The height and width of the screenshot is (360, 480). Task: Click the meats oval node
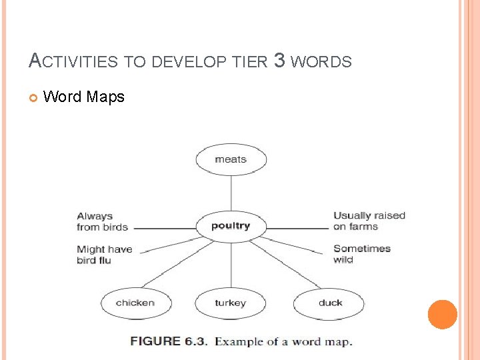231,159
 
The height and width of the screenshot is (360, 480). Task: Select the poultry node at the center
231,225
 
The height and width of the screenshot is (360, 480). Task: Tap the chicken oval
135,303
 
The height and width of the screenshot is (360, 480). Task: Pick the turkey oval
230,303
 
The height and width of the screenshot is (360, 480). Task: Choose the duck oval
329,303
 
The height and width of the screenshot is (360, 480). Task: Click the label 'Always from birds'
102,221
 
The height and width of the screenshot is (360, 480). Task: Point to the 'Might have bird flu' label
104,255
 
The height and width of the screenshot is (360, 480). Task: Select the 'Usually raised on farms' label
369,221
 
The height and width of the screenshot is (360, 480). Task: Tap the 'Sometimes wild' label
361,254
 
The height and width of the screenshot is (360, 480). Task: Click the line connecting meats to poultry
231,193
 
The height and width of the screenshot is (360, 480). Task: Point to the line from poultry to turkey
231,263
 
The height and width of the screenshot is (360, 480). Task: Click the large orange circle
443,315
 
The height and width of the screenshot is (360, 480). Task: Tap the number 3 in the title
279,61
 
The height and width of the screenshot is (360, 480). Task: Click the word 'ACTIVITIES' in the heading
73,62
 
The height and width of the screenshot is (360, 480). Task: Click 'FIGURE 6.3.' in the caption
169,341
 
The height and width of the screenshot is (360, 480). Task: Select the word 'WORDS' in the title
321,62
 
